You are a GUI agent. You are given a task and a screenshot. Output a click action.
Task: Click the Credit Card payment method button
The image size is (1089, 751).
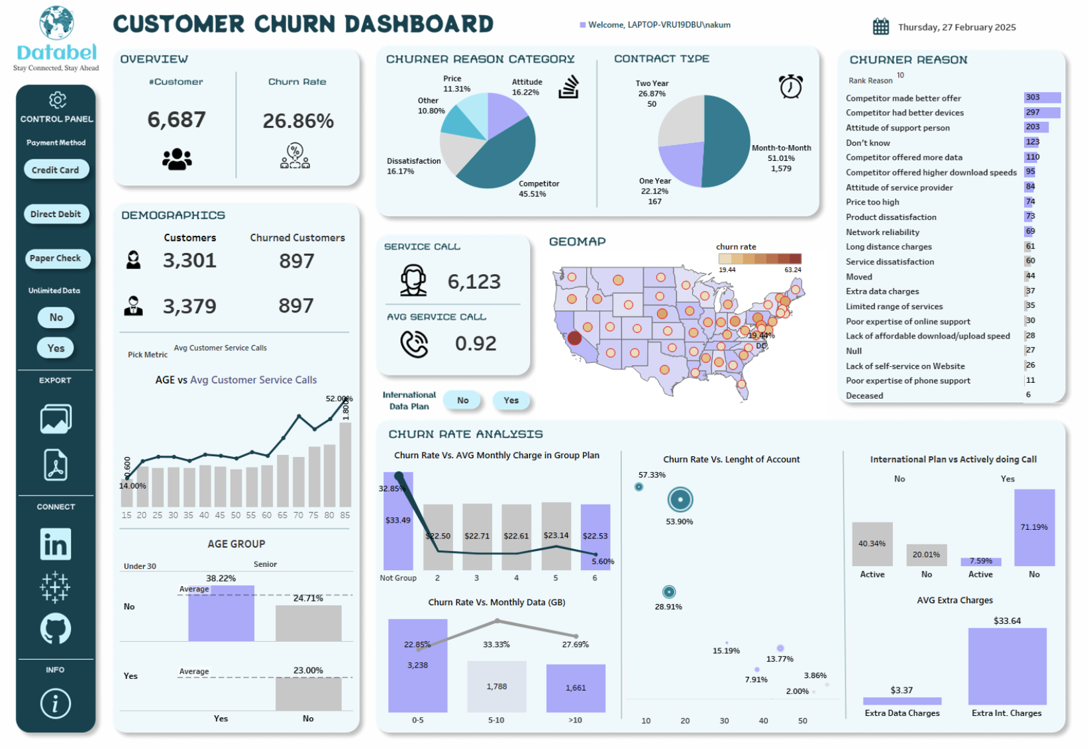[x=56, y=170]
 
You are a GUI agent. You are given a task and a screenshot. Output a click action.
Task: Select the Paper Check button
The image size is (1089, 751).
[x=56, y=258]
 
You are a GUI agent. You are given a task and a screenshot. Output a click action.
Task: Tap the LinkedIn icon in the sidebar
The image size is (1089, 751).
[x=56, y=544]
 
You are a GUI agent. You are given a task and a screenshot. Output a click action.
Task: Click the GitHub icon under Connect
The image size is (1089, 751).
[x=56, y=628]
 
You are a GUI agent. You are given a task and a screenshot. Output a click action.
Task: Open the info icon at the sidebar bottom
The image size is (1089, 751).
[x=56, y=703]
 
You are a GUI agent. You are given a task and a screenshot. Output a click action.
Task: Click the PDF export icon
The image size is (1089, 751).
[x=56, y=465]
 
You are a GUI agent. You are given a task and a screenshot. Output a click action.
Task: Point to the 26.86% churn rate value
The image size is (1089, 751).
[x=298, y=121]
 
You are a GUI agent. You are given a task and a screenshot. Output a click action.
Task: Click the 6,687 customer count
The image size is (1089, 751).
[x=176, y=120]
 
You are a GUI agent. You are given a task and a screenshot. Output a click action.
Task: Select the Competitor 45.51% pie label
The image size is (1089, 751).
[x=538, y=189]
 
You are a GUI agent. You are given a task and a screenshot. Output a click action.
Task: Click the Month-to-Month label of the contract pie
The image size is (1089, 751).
[x=781, y=148]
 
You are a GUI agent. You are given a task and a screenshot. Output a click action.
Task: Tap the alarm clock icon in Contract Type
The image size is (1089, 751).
[x=790, y=87]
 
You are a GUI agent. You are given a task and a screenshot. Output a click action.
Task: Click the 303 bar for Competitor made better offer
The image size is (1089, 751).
[x=1041, y=97]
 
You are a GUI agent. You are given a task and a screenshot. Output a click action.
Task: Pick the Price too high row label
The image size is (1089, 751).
[x=872, y=202]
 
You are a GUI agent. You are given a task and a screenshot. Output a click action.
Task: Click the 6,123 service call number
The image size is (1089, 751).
[x=474, y=281]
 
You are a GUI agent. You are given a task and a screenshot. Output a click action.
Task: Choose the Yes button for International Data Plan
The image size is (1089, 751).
[x=511, y=400]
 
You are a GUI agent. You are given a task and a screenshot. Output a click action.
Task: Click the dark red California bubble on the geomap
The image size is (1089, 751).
[x=574, y=338]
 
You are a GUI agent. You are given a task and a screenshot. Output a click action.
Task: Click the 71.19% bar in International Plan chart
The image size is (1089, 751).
[x=1034, y=528]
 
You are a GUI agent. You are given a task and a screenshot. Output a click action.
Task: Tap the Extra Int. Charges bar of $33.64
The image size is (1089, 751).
[x=1007, y=666]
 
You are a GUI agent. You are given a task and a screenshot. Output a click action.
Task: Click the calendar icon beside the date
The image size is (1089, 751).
[x=880, y=26]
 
